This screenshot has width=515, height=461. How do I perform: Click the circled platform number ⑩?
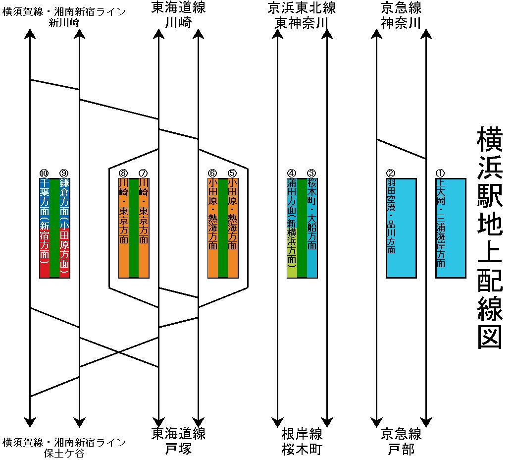(44, 173)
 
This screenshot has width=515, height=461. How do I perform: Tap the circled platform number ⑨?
(64, 173)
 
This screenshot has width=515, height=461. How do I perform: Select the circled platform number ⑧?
(123, 173)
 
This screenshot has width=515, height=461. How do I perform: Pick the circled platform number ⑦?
(143, 173)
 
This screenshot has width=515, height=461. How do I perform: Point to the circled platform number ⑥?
(212, 173)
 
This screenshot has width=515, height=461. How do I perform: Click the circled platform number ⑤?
(232, 173)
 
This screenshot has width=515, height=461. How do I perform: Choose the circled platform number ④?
(292, 173)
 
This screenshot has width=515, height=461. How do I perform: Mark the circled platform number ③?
(311, 173)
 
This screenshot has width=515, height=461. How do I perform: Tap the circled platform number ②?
(391, 173)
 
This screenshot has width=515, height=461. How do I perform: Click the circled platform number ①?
(440, 173)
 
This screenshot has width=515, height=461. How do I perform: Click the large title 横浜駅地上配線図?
(490, 238)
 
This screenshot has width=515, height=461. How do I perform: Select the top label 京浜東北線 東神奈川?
(302, 15)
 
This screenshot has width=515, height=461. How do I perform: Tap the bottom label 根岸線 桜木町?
(302, 442)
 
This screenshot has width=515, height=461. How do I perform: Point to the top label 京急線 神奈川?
(401, 15)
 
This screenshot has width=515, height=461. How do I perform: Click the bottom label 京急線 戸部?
(401, 442)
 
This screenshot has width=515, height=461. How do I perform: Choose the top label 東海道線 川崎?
(178, 15)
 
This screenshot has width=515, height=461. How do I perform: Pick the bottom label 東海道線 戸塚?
(178, 442)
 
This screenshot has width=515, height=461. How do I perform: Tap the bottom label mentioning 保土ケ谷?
(64, 448)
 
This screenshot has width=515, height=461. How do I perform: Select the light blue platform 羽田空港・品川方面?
(401, 228)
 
